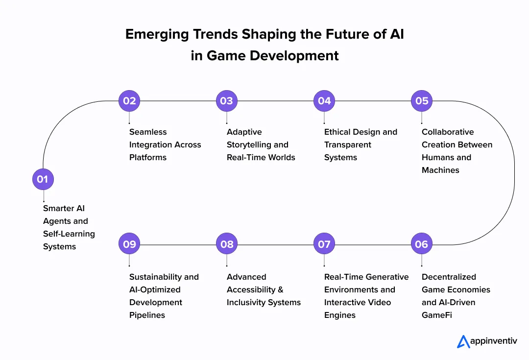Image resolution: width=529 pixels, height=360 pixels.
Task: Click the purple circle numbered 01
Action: pos(43,179)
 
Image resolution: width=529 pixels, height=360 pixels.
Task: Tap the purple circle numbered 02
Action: pos(129,101)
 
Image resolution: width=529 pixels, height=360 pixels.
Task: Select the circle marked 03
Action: pos(226,101)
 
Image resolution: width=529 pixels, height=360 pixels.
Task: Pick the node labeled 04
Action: pos(324,101)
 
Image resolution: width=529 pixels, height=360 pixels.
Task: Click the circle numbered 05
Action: pos(422,101)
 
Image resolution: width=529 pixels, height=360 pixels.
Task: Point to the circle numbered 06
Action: pos(422,244)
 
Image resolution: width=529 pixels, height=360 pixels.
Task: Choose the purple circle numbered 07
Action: pos(324,244)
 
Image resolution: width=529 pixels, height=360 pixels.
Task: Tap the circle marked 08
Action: pos(227,244)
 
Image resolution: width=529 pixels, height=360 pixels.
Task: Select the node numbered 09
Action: pos(129,244)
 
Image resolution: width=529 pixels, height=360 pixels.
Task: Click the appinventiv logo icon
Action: pos(463,341)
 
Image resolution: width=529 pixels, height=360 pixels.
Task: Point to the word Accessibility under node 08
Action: pos(251,289)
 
